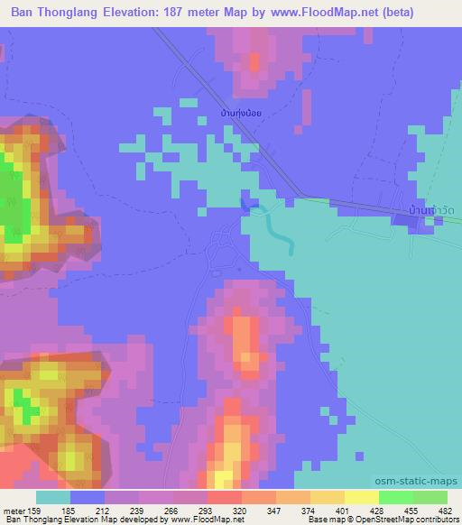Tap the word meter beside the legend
click(x=14, y=510)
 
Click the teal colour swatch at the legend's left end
click(x=53, y=497)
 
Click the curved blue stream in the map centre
click(x=282, y=238)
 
